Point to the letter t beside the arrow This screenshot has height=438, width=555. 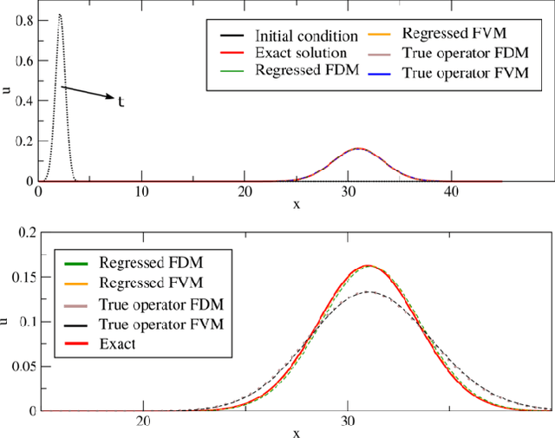pyautogui.click(x=121, y=101)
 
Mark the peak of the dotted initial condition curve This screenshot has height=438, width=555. pyautogui.click(x=59, y=15)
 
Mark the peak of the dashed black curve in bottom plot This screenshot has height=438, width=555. pyautogui.click(x=369, y=291)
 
